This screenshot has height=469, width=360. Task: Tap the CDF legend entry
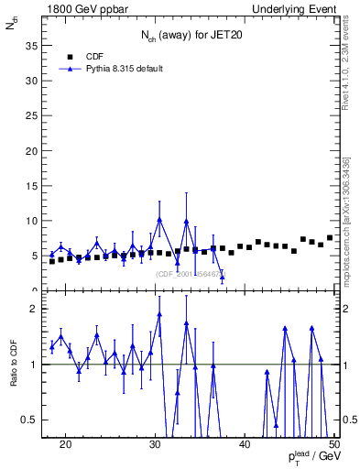94,56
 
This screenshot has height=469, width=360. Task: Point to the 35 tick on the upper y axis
34,45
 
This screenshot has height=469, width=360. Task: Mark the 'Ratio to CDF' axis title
12,365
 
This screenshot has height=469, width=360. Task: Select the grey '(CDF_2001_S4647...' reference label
189,274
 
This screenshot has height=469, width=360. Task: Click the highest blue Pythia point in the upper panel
159,220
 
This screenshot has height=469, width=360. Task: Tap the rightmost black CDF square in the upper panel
330,238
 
